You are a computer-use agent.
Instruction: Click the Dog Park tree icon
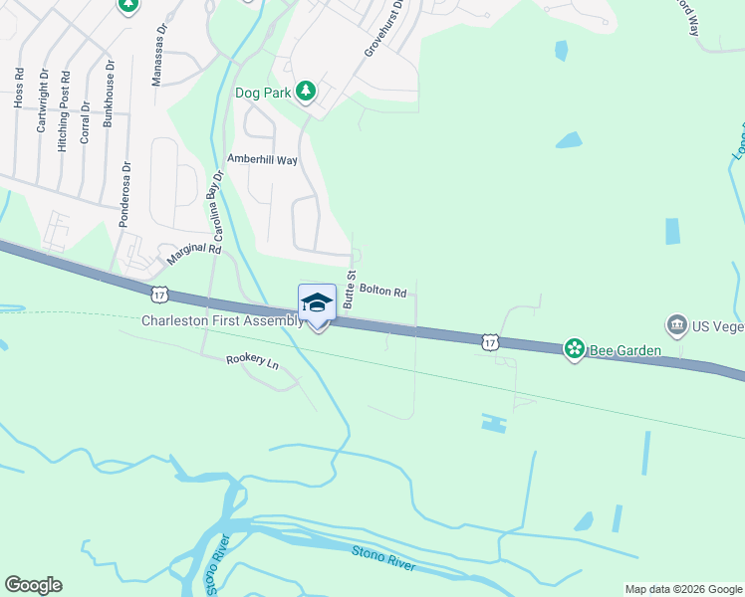click(307, 93)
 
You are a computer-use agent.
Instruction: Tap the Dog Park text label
click(263, 93)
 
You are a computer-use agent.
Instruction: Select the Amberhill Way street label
click(263, 159)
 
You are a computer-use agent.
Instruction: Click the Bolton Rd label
click(383, 293)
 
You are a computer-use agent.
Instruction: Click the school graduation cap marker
click(317, 302)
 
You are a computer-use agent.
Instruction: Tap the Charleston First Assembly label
click(221, 320)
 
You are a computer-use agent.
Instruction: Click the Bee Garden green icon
click(574, 348)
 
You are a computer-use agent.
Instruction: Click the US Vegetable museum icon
click(676, 324)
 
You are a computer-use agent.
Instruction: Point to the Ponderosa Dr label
click(124, 195)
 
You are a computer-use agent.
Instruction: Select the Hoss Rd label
click(18, 88)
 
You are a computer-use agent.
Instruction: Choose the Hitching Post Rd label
click(64, 110)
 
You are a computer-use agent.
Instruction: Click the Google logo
click(33, 585)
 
